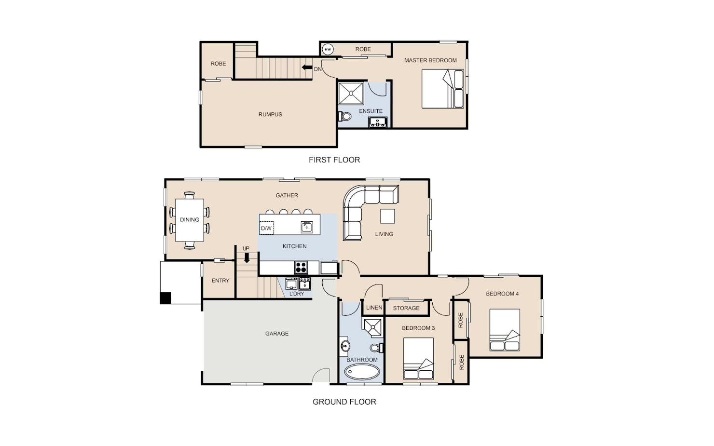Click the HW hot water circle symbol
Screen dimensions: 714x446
328,49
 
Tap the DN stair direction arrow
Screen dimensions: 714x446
307,68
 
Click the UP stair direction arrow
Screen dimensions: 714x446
247,257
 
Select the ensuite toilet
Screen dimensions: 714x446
344,116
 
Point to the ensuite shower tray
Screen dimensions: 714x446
351,94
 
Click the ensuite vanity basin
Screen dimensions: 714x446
378,122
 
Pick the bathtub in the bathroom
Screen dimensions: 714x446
362,371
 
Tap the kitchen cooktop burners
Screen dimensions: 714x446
301,267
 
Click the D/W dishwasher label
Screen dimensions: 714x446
266,229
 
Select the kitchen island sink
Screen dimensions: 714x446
307,227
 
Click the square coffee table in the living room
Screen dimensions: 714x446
387,216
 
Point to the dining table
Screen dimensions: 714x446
190,220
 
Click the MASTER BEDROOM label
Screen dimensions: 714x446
430,60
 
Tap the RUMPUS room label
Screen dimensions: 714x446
270,114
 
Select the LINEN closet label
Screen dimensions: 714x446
374,308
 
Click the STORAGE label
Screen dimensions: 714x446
406,308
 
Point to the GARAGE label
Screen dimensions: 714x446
277,334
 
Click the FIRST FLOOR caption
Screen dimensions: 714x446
334,160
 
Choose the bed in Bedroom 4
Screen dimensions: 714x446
505,330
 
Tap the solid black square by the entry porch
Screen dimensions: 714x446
165,298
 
